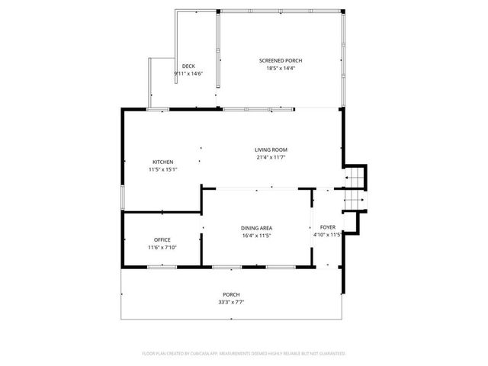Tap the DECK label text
point(188,66)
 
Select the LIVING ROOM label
point(271,149)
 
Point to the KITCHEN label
point(163,162)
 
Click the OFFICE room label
point(162,240)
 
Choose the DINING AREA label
point(257,228)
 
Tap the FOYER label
point(328,227)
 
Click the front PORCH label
point(231,294)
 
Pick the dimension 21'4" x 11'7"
point(271,158)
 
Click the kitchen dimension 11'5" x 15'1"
point(163,169)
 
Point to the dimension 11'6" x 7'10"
point(162,248)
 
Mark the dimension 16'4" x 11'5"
point(257,236)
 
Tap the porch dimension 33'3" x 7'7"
point(231,302)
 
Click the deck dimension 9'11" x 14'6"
point(188,73)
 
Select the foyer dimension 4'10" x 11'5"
point(327,235)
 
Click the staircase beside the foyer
point(355,191)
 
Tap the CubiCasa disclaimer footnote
point(244,354)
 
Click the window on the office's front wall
point(162,266)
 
